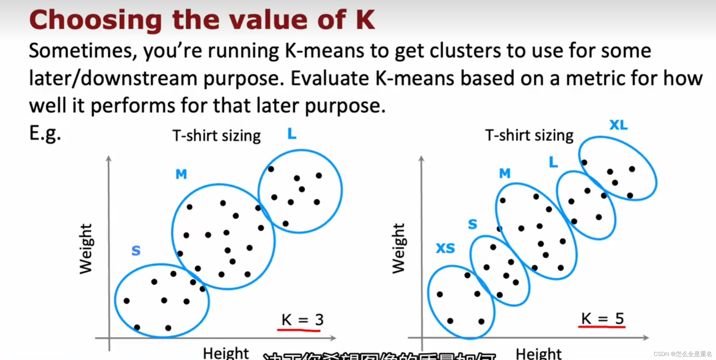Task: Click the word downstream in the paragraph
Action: pos(139,78)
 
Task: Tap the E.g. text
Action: pos(45,133)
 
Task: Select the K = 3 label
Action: pos(302,320)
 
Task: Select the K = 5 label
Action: pos(602,319)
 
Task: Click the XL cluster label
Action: pos(618,125)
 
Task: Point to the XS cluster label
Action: pos(445,248)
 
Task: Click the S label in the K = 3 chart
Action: pos(136,251)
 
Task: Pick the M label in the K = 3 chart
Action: pos(181,174)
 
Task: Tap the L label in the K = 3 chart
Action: pos(292,134)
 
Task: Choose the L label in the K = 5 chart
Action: pos(553,162)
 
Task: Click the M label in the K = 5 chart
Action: pos(505,173)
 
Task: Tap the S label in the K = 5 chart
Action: pos(472,224)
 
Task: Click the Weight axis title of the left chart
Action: pos(86,249)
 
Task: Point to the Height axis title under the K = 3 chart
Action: pos(226,353)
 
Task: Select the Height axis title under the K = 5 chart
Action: pos(538,354)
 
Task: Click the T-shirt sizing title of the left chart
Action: pos(216,136)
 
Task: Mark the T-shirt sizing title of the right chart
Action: pos(529,135)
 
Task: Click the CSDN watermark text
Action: pos(682,354)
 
